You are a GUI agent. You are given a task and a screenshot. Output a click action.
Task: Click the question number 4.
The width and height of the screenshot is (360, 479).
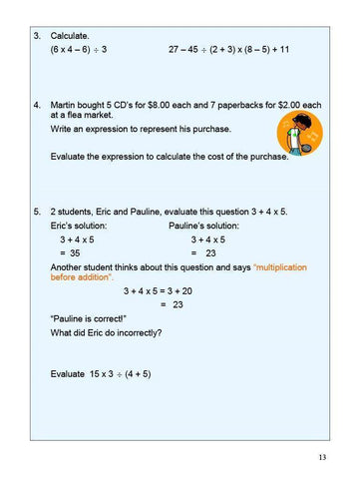pos(36,104)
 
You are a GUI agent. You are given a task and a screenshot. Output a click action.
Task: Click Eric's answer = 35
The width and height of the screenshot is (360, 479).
pos(70,253)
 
